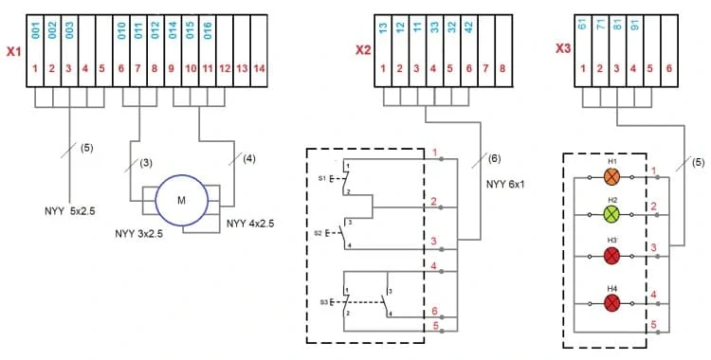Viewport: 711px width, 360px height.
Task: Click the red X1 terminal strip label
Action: [13, 51]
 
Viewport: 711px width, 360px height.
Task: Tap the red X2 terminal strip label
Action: [363, 50]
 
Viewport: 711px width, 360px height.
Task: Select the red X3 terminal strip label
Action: [563, 48]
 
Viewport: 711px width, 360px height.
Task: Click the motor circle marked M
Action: [181, 200]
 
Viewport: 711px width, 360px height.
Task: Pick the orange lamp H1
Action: [611, 177]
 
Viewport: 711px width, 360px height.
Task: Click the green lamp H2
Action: [611, 214]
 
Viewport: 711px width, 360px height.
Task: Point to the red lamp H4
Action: [611, 302]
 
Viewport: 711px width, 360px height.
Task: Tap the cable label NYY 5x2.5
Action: [70, 211]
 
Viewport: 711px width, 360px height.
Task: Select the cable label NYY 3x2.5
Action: [138, 234]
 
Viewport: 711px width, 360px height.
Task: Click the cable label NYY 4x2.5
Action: [250, 223]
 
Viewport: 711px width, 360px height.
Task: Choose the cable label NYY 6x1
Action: [505, 184]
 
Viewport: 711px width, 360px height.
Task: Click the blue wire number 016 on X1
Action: [208, 30]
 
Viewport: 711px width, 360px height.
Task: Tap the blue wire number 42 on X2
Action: [468, 27]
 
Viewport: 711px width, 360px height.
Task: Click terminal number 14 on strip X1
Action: [259, 69]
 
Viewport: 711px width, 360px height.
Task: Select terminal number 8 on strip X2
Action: [503, 69]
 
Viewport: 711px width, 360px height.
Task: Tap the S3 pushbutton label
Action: [323, 301]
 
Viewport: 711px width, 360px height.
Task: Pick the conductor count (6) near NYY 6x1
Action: [494, 158]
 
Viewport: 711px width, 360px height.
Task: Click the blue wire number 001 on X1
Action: [36, 30]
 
